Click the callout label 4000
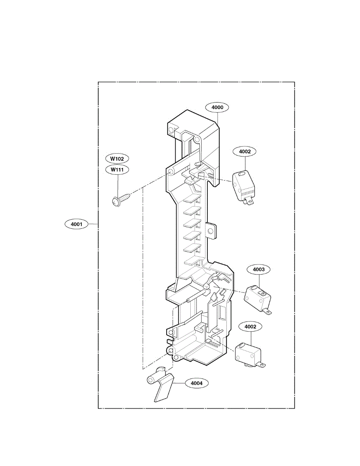pos(217,107)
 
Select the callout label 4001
pos(77,224)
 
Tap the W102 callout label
pos(117,158)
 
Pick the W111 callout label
pos(117,169)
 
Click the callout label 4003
pos(259,269)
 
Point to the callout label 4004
pos(197,383)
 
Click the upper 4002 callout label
pos(245,151)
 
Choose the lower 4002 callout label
pos(250,327)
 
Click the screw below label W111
pos(121,199)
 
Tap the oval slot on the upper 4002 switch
pos(243,174)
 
